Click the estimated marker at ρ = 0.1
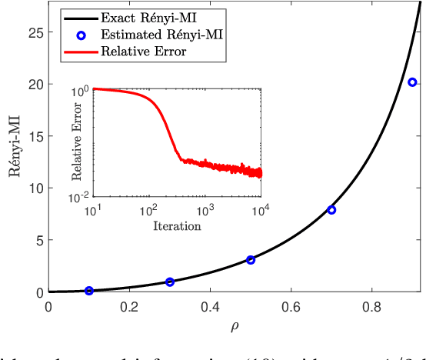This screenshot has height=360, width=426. pos(89,291)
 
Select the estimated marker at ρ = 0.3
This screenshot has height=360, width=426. pos(170,282)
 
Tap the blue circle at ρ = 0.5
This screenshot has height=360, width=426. pos(251,260)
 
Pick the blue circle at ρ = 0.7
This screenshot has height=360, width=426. pos(331,210)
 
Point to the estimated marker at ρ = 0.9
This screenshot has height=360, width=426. pos(412,82)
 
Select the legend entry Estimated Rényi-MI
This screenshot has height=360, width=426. pos(155,35)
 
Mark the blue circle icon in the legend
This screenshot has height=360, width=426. pos(79,35)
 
